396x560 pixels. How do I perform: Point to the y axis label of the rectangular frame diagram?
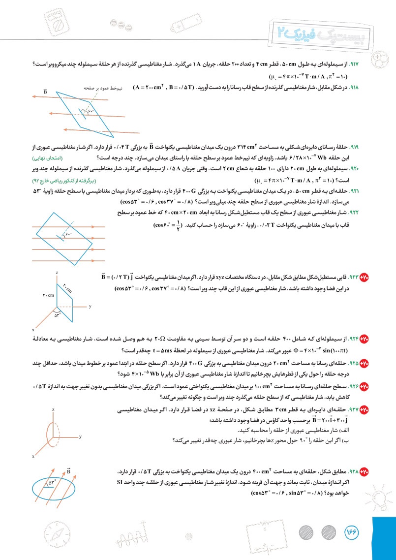[91, 306]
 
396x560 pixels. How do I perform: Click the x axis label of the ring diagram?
[33, 456]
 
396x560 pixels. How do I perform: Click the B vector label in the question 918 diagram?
[45, 92]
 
